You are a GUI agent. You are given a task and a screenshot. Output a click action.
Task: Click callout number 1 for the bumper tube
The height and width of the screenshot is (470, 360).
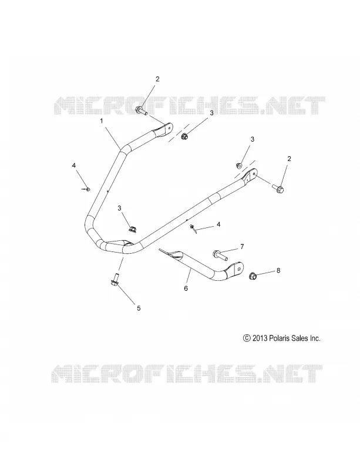(102, 121)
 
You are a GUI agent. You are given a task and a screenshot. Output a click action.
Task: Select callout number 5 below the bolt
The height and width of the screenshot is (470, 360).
(139, 308)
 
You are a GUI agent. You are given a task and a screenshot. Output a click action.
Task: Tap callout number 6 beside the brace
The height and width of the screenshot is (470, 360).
(186, 288)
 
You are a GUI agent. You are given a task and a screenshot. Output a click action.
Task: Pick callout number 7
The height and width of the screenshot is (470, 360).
(242, 247)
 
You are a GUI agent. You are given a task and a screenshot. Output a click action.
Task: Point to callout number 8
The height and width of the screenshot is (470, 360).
(278, 270)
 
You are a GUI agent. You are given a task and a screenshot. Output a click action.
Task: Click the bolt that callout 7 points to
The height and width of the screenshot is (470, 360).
(220, 255)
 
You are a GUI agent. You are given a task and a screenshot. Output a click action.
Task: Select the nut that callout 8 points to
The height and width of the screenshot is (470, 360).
(253, 276)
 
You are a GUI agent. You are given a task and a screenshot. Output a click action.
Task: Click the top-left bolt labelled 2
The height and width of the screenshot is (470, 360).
(142, 110)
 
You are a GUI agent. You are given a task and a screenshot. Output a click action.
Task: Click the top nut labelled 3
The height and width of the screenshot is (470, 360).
(184, 137)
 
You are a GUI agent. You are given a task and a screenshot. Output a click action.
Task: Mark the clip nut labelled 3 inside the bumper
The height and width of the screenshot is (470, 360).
(132, 229)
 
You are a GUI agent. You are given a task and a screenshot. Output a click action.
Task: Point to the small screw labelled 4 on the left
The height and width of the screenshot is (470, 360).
(87, 189)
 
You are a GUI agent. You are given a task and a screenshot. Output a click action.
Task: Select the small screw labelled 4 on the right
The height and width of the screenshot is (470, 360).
(193, 229)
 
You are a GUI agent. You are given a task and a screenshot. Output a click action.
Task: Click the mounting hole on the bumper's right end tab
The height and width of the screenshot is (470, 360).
(254, 173)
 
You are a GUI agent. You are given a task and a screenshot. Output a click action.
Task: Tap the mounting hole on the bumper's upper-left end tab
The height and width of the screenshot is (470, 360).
(170, 126)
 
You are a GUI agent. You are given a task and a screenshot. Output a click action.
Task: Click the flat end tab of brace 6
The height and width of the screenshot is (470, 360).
(236, 269)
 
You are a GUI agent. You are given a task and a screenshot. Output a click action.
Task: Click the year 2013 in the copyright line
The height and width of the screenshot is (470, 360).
(260, 338)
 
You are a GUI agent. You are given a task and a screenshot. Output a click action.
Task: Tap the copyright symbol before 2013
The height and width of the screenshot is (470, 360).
(247, 338)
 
